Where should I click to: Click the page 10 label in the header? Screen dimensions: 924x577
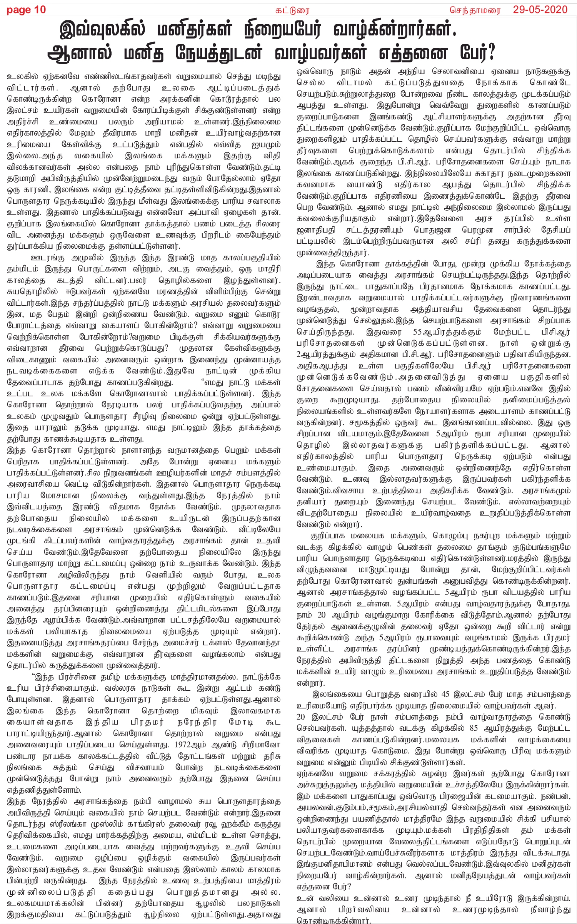26,10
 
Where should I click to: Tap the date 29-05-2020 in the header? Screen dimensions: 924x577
540,10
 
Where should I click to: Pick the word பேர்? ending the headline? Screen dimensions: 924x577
472,53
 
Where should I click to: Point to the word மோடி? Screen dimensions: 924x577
241,722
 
